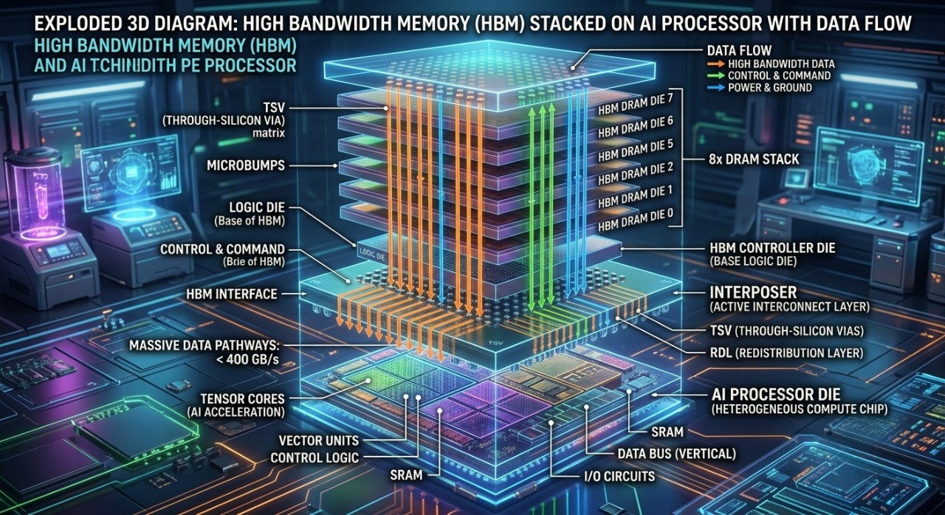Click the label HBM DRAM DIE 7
point(636,105)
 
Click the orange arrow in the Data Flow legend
point(716,64)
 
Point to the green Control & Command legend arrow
point(716,76)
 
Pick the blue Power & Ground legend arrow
point(716,88)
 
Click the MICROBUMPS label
point(246,165)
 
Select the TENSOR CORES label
point(243,398)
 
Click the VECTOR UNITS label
point(319,440)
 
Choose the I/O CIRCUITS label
point(619,477)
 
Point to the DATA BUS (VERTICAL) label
point(677,454)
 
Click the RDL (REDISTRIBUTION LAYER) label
point(787,353)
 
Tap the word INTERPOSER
point(753,292)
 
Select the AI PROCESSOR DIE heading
point(776,395)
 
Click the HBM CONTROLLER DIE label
point(772,248)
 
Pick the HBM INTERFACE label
point(232,294)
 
